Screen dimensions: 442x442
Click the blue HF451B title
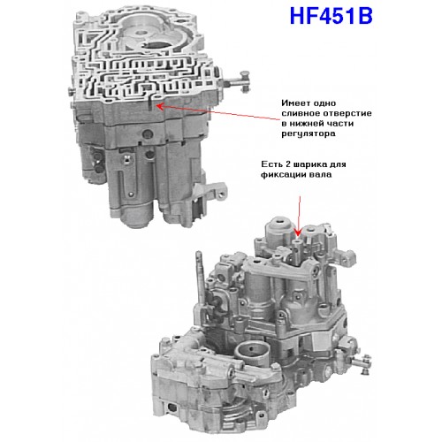click(x=331, y=16)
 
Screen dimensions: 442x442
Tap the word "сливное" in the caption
click(x=301, y=113)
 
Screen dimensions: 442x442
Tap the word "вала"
click(x=320, y=174)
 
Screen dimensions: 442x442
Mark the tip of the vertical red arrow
click(x=298, y=236)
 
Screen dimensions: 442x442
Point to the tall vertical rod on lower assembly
click(x=200, y=277)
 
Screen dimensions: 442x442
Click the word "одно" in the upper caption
click(x=324, y=103)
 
